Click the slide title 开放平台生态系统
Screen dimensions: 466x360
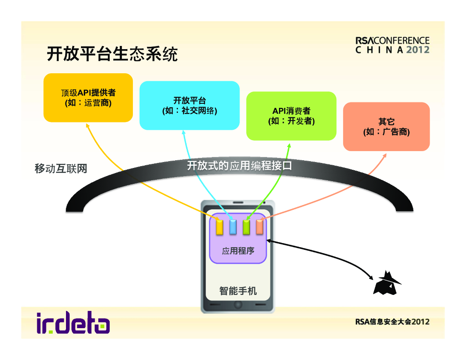pos(112,54)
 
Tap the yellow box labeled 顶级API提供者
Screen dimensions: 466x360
pos(88,97)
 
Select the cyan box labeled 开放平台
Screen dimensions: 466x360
pos(189,105)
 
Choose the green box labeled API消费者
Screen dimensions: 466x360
pos(291,116)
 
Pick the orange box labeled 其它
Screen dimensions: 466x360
pos(386,127)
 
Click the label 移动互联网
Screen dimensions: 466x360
pos(61,168)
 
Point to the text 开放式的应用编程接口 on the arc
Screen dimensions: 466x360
pos(239,166)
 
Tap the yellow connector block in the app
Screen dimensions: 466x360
pos(219,227)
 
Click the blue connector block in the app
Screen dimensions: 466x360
pos(233,227)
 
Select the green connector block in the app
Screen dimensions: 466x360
pos(247,227)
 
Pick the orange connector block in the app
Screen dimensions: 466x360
pos(260,227)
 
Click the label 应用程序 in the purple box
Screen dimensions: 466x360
pos(238,250)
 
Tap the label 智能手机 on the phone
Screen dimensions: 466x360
pos(238,290)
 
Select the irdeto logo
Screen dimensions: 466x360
pos(73,323)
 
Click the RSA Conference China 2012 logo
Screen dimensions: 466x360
pos(392,45)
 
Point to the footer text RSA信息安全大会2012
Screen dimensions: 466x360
pos(392,322)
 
